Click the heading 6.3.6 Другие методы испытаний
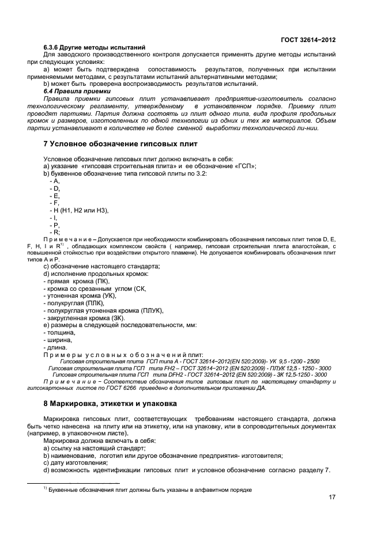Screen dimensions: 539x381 click(93, 47)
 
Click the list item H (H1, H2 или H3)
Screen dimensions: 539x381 click(80, 210)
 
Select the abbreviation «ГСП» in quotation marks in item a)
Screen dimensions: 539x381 click(244, 166)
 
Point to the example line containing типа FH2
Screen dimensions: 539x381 click(190, 367)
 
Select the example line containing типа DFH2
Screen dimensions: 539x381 click(190, 374)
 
